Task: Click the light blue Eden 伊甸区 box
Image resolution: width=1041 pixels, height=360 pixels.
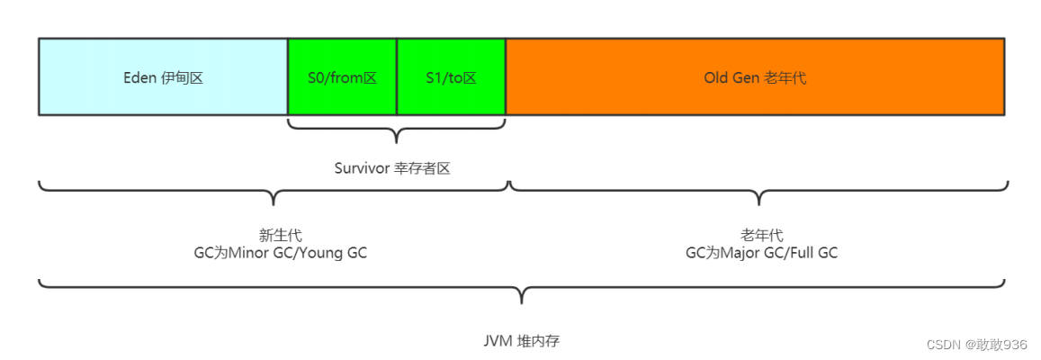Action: (163, 76)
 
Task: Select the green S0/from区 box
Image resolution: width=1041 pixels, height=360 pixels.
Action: (342, 76)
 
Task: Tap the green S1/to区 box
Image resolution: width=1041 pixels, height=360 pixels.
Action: (452, 76)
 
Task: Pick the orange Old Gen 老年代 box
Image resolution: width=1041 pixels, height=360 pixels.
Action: (755, 76)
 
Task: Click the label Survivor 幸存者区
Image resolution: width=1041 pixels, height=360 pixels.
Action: (392, 168)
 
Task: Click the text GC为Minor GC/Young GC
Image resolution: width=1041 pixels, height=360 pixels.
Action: (277, 252)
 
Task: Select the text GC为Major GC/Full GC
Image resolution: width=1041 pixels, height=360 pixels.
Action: (761, 252)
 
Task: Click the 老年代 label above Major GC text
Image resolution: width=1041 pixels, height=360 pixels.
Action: (761, 235)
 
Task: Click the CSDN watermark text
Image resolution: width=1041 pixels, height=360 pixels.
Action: (976, 344)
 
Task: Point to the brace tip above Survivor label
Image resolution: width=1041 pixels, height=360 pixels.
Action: (397, 142)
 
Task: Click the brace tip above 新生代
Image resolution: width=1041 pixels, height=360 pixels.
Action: (274, 204)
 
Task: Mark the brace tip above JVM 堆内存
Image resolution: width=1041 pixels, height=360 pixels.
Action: (523, 302)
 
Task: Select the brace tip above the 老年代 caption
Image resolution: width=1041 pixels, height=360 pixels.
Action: (758, 204)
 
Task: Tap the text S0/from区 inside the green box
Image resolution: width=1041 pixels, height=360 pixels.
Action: (343, 77)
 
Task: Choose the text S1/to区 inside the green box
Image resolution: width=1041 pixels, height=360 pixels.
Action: (452, 77)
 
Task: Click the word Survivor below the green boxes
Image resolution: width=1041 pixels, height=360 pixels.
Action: (361, 168)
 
